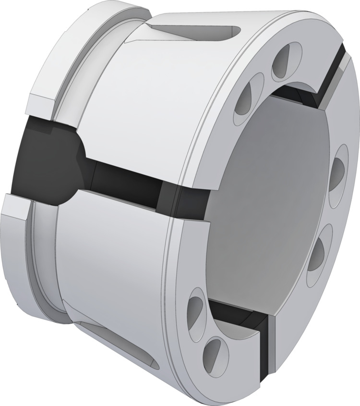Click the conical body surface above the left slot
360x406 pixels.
pyautogui.click(x=144, y=96)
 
